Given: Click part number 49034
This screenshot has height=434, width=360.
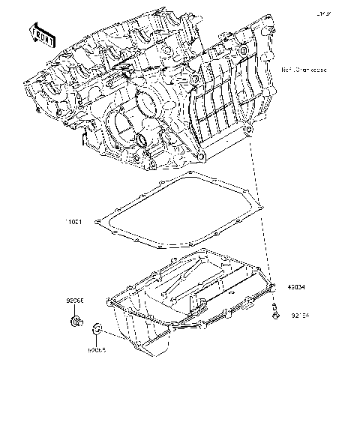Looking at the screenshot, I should pos(298,286).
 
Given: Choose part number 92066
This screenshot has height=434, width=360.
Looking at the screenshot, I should pos(75,301).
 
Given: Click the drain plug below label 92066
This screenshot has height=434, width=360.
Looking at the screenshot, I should pos(75,323).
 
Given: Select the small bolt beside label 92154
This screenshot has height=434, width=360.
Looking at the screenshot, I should pos(276,313).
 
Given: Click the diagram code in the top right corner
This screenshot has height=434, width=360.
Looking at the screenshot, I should pos(323,13).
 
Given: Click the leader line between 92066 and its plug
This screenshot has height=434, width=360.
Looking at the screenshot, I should pos(75,310).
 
